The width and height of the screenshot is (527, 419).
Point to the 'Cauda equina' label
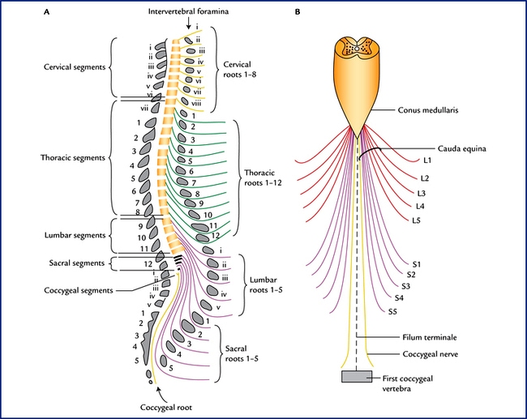point(460,148)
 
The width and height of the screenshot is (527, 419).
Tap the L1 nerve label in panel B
point(429,160)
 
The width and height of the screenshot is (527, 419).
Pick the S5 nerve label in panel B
point(392,311)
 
